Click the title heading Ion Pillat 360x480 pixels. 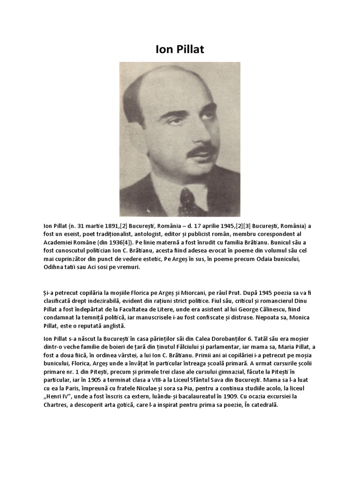pos(180,49)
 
